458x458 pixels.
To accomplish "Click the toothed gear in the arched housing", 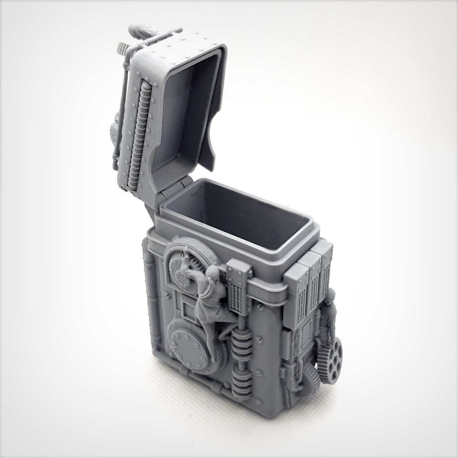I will click(x=179, y=268).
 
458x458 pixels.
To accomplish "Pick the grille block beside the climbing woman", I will click(x=238, y=291).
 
